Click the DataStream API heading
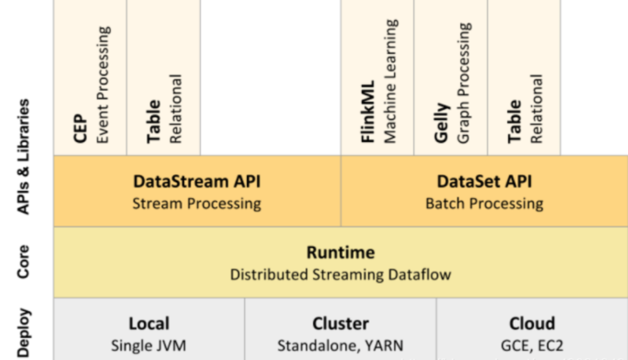(197, 182)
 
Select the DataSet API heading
(484, 182)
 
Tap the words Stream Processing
(197, 204)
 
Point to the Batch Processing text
(484, 204)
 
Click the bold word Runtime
(340, 253)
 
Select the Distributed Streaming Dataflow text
(340, 275)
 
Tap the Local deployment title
(149, 324)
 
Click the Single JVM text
(148, 345)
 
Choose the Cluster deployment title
(340, 324)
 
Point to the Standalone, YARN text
(340, 345)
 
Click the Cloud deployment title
(532, 324)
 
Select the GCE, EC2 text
(532, 345)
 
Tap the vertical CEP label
(80, 129)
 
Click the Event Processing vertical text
(102, 85)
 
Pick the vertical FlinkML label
(368, 112)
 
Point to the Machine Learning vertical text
(390, 82)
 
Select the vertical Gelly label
(442, 123)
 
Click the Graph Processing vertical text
(464, 83)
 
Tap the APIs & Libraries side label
(23, 156)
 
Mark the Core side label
(23, 261)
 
